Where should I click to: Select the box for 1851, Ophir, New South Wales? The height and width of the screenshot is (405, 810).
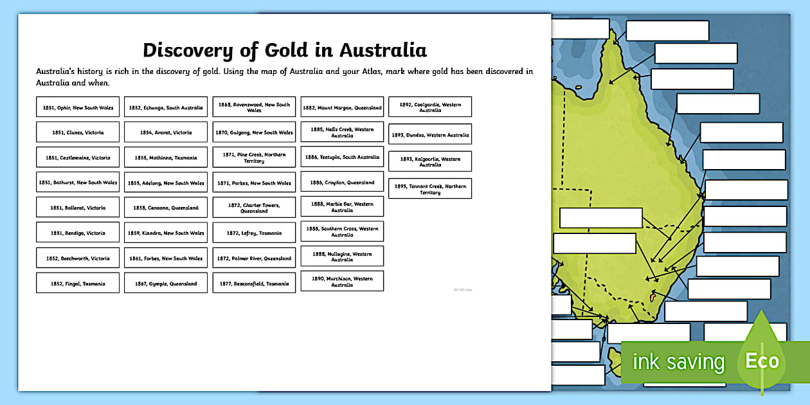(78, 107)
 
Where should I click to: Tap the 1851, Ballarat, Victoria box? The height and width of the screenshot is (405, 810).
(78, 208)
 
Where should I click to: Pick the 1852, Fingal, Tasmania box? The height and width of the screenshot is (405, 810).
(78, 283)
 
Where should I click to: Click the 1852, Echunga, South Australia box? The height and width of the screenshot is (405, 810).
(166, 107)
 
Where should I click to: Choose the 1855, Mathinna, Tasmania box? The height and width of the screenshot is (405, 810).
(166, 157)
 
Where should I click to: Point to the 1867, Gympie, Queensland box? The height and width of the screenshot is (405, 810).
(166, 283)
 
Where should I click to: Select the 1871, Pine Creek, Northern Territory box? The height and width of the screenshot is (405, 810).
(254, 157)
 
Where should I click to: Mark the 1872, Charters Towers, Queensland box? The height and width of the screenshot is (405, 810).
(254, 208)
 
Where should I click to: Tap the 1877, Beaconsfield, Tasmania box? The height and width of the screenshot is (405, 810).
(254, 283)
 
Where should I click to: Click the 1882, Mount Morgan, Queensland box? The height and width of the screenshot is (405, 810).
(342, 107)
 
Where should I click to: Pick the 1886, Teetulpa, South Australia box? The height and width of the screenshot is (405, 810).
(342, 157)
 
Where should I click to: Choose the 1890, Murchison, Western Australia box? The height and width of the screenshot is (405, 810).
(342, 281)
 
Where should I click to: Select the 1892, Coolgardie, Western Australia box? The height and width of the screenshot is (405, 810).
(430, 107)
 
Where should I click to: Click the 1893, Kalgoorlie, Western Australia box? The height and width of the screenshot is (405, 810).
(430, 161)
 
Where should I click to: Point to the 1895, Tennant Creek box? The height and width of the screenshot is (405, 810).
(430, 189)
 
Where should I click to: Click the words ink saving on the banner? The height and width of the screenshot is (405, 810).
(678, 362)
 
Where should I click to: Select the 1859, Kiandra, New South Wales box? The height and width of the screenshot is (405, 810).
(166, 233)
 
